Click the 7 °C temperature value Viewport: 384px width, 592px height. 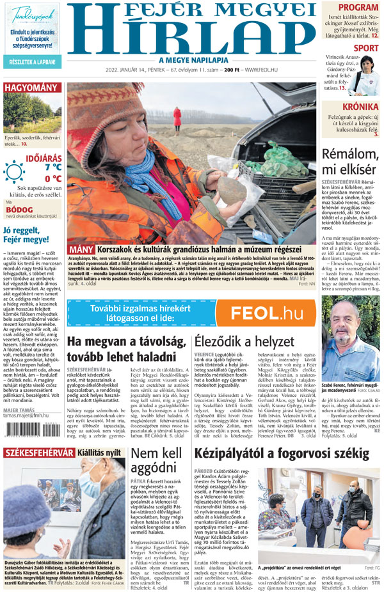(52, 167)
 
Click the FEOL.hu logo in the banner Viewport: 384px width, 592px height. (266, 313)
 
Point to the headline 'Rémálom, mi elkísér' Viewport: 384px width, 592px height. (349, 161)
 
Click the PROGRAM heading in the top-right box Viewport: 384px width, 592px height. (358, 8)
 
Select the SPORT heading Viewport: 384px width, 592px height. (365, 48)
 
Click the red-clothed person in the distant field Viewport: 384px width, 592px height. (177, 118)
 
